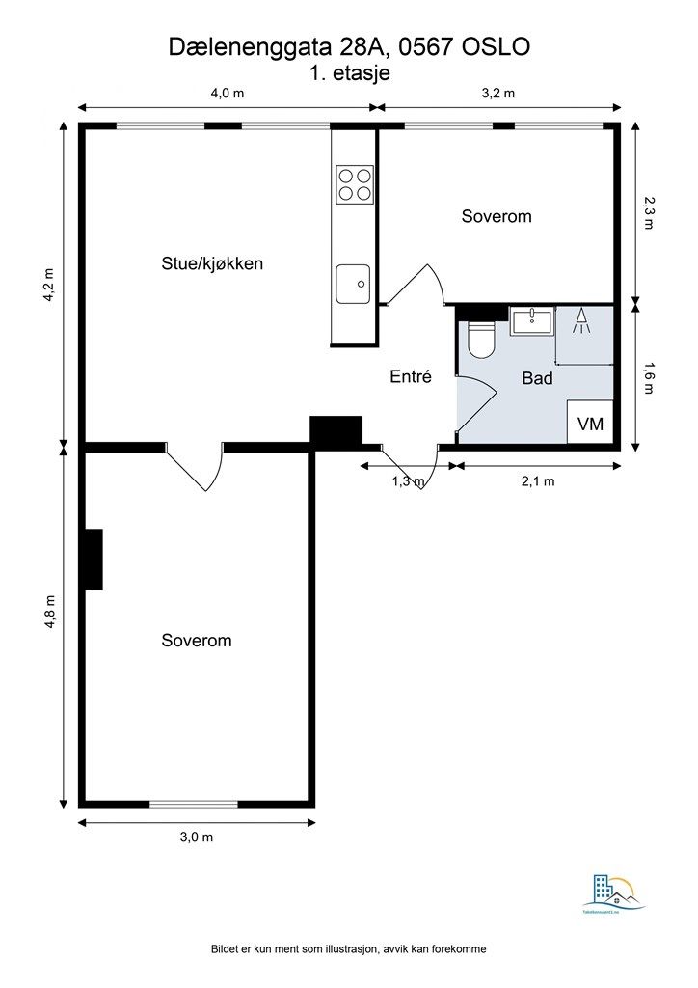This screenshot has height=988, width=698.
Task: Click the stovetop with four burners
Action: (x=354, y=183)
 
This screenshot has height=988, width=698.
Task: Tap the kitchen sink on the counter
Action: (x=353, y=284)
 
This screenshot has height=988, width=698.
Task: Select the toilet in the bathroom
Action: (x=480, y=340)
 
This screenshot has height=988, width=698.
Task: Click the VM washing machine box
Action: (x=589, y=423)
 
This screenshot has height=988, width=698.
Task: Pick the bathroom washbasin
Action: (x=531, y=320)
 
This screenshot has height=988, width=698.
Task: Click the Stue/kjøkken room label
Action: (x=212, y=262)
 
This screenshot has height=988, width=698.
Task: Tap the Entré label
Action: (x=410, y=377)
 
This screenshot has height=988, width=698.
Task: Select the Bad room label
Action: (x=537, y=378)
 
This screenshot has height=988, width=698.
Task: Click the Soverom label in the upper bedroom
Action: (x=496, y=216)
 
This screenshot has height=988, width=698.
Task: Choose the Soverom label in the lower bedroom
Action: (x=197, y=640)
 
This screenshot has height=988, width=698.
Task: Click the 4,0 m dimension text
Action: (x=228, y=94)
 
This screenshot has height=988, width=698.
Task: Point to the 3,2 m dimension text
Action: (x=498, y=94)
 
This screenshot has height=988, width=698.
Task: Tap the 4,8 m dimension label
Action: (x=50, y=613)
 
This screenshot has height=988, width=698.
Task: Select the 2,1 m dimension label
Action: (x=537, y=482)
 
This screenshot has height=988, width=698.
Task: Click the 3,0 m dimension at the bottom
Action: (x=197, y=837)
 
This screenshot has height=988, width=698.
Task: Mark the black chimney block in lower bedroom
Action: (x=92, y=560)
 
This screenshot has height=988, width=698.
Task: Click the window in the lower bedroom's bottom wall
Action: (x=194, y=804)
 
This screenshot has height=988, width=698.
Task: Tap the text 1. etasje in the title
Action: (x=349, y=72)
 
